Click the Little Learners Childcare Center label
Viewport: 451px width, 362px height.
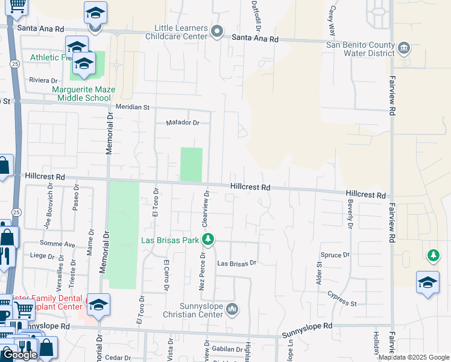pos(181,33)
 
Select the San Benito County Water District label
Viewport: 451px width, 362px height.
pos(360,48)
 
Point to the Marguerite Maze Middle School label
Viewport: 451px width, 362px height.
pos(83,94)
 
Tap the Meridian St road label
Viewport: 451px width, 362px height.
pos(133,107)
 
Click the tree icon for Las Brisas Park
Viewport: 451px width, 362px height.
pos(208,240)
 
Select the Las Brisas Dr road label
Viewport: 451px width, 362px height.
pos(237,264)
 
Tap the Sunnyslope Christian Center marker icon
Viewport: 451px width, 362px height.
pos(233,310)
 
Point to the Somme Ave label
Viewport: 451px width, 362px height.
pos(57,244)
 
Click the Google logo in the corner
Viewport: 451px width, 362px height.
pos(20,355)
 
